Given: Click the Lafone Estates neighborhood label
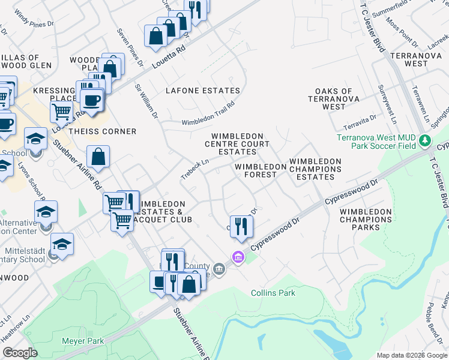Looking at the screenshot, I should (202, 91).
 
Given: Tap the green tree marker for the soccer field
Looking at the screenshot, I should (426, 140).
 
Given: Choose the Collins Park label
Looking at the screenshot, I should (273, 293).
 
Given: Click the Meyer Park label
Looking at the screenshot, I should (83, 341).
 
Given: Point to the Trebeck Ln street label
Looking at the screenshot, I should (194, 169).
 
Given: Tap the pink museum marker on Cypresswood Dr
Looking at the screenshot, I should (238, 257).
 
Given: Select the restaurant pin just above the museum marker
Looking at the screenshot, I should (241, 226).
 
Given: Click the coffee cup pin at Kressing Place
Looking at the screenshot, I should (92, 100).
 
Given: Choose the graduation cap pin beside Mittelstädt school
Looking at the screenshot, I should (62, 244).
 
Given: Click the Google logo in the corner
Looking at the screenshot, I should (20, 353).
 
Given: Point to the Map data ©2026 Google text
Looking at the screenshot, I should (411, 355).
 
